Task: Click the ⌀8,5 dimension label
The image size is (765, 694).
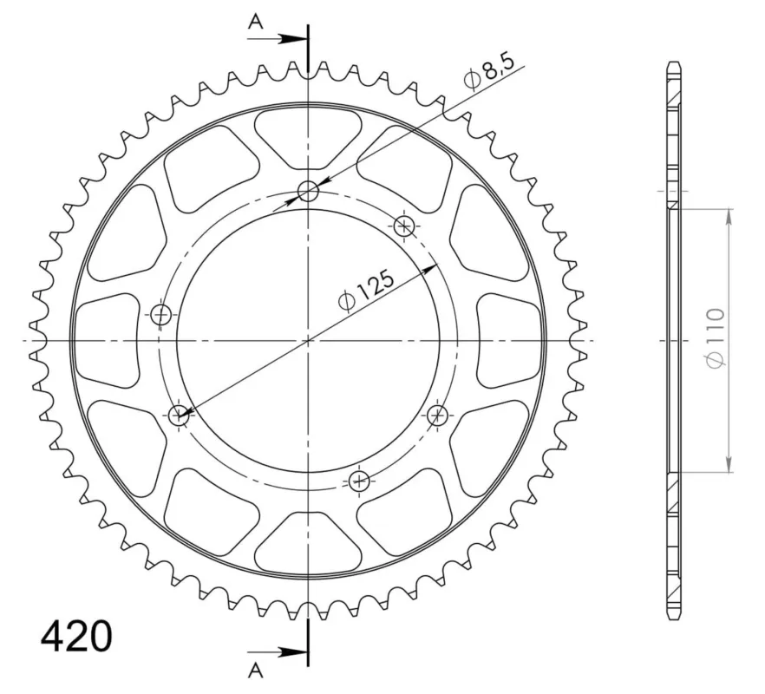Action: (489, 72)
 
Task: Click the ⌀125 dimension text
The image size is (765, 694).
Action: (366, 291)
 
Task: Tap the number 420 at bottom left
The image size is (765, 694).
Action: (76, 637)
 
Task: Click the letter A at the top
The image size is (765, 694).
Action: (255, 22)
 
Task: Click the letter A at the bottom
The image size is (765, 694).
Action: (255, 671)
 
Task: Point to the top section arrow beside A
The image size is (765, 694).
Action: (278, 38)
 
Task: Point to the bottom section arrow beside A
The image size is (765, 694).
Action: (278, 651)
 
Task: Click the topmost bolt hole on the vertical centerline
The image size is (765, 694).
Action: (308, 192)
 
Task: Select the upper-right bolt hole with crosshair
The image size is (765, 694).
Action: (404, 226)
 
